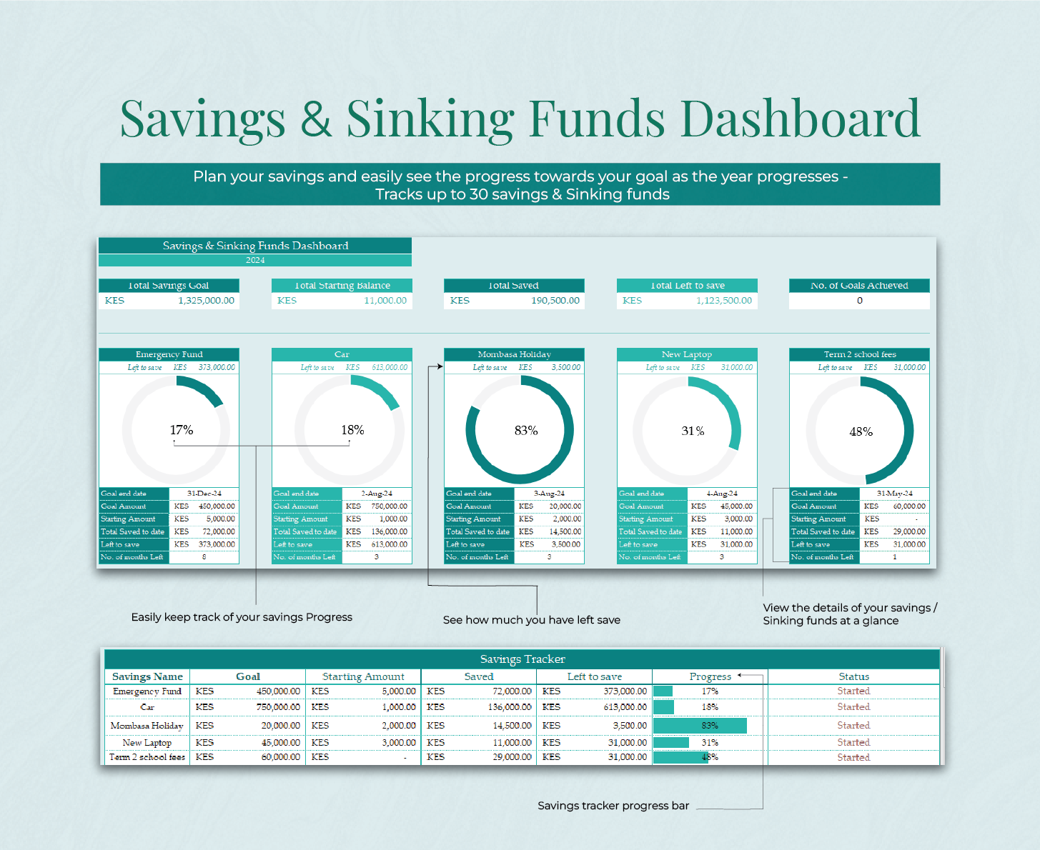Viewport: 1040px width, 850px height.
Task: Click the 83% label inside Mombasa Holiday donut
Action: click(x=526, y=431)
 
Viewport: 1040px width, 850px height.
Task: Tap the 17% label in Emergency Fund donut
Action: click(x=182, y=430)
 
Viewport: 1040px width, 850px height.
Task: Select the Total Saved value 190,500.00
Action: click(x=555, y=301)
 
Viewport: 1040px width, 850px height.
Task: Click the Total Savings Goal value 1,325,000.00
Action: click(x=206, y=301)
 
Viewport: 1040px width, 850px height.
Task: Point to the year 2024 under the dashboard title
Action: click(x=255, y=260)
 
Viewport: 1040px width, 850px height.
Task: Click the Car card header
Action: click(x=342, y=354)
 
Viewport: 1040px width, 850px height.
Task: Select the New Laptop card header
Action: click(x=686, y=354)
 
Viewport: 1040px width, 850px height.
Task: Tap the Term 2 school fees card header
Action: click(x=859, y=354)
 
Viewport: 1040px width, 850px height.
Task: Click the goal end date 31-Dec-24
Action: click(x=204, y=494)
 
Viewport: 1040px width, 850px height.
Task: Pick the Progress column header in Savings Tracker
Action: click(x=710, y=676)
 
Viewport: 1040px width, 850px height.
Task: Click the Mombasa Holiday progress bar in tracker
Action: click(x=700, y=726)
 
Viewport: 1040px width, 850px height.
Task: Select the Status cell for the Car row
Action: click(x=853, y=707)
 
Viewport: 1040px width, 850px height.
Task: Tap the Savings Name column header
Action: click(x=147, y=676)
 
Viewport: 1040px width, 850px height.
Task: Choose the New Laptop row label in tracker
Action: click(x=147, y=743)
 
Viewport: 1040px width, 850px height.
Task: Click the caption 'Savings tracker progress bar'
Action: click(x=613, y=806)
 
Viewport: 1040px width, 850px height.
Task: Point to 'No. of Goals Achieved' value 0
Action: click(x=859, y=301)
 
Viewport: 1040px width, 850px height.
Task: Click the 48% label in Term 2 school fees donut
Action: click(x=861, y=431)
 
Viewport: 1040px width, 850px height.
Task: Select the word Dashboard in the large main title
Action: click(x=800, y=119)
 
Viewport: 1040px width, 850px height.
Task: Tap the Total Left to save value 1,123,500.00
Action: click(x=723, y=301)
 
